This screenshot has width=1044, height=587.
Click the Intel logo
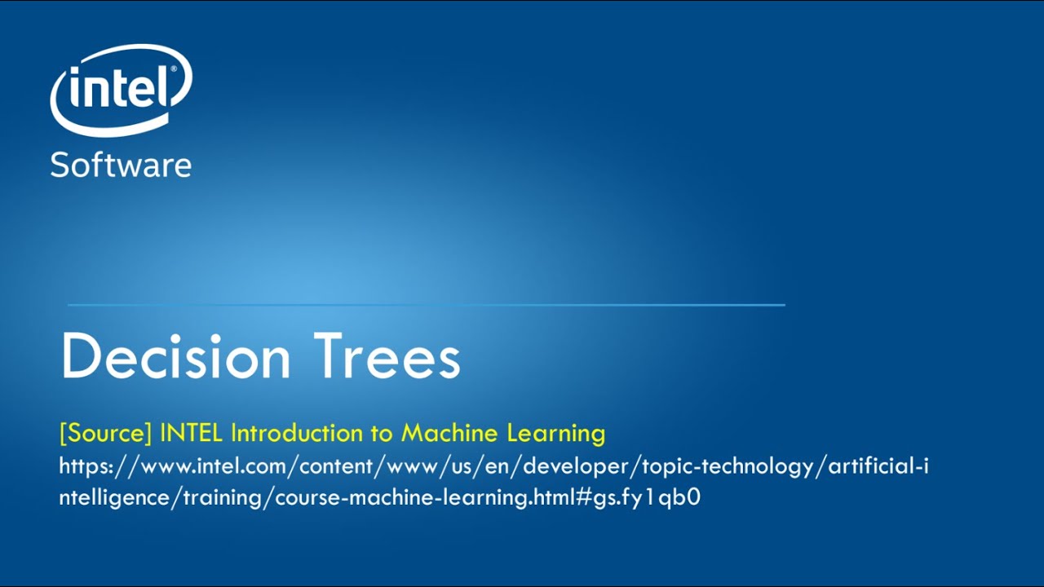click(x=121, y=90)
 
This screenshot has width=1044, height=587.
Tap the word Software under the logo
click(x=121, y=165)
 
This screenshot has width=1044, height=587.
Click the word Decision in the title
click(x=175, y=357)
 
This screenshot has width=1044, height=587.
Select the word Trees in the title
click(x=387, y=357)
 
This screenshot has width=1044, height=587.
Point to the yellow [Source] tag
click(x=105, y=433)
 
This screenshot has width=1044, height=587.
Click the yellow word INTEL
click(x=192, y=433)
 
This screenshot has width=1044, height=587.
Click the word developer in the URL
click(x=578, y=466)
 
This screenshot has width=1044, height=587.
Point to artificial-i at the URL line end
click(x=878, y=466)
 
